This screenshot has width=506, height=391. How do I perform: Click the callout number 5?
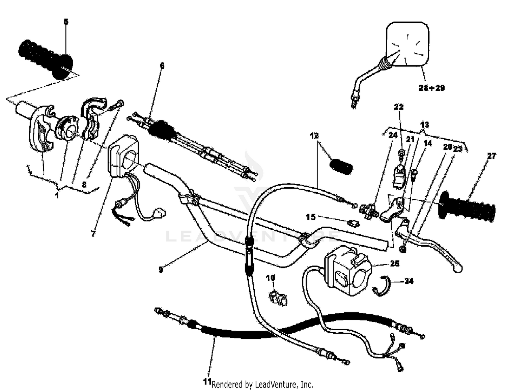point(66,22)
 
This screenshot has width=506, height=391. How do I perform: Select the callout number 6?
point(162,65)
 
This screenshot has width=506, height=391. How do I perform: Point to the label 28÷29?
point(431,88)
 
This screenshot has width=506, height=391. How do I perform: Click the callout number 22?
point(399,107)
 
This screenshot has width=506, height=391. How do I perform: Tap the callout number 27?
point(492,156)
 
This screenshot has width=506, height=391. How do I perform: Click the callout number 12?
point(314,136)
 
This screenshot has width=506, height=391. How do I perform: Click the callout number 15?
point(311,217)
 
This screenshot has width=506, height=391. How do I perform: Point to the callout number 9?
point(161,270)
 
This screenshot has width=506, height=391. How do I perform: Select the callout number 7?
point(93,233)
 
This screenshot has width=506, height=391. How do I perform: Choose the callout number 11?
point(207,382)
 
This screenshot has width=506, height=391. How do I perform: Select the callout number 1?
point(57,195)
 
